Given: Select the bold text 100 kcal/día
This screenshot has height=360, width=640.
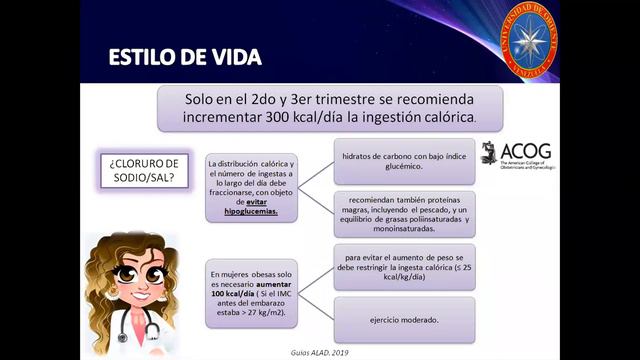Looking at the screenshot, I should [x=240, y=293].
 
